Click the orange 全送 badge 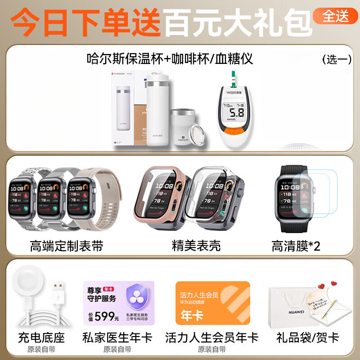[336, 16]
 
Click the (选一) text [337, 59]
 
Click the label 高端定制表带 [67, 246]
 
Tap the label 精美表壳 [196, 246]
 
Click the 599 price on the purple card [105, 316]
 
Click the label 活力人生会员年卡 [211, 337]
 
